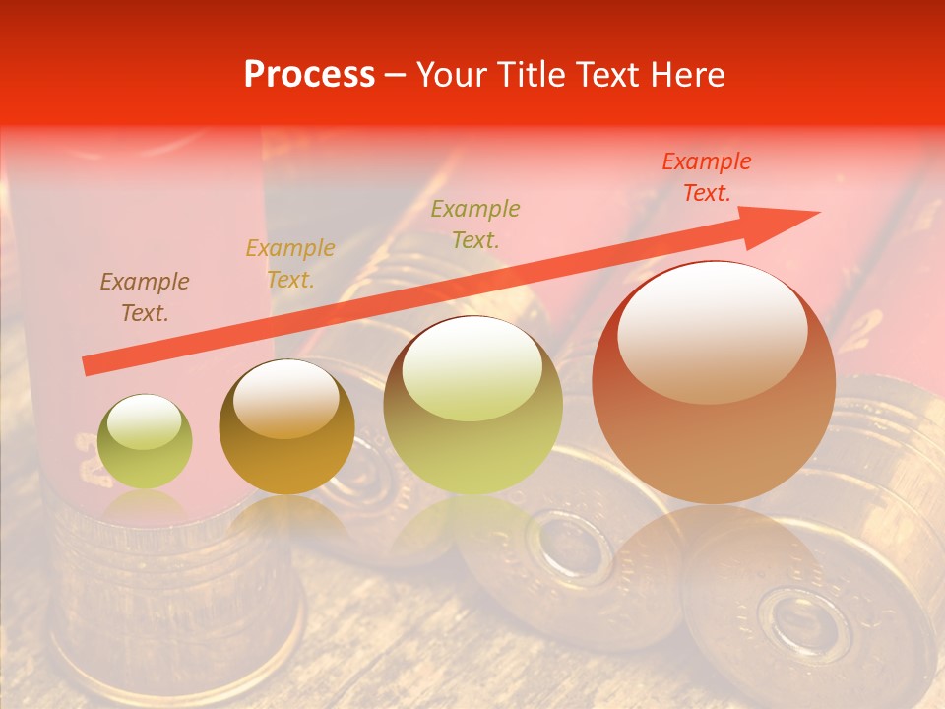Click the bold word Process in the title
[x=309, y=75]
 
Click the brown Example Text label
[x=145, y=297]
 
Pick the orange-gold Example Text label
[x=290, y=264]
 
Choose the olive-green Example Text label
[x=475, y=224]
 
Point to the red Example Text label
[x=706, y=177]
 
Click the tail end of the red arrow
[x=89, y=365]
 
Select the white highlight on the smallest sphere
[x=145, y=421]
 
